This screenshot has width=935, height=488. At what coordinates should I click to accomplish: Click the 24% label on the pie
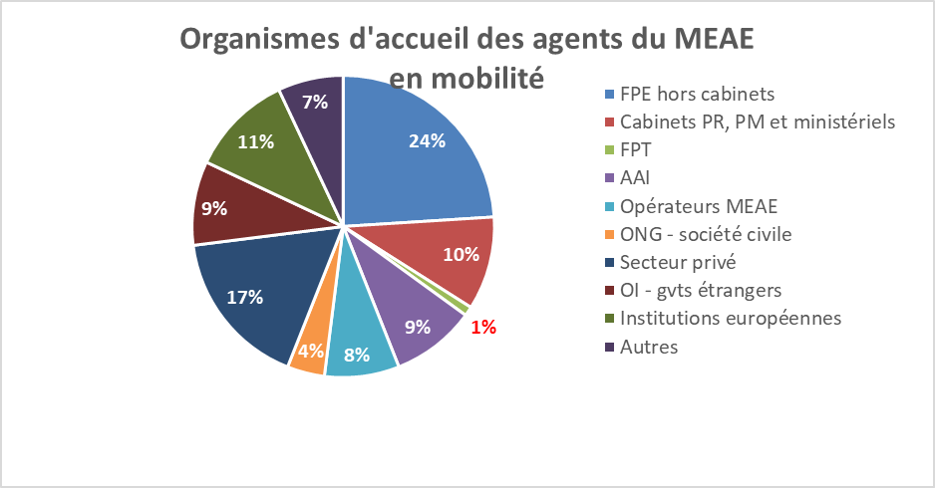pyautogui.click(x=427, y=140)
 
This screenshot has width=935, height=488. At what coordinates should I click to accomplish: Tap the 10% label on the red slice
pyautogui.click(x=460, y=254)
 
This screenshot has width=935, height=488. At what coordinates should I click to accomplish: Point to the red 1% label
pyautogui.click(x=483, y=327)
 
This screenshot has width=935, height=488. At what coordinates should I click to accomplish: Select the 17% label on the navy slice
pyautogui.click(x=243, y=296)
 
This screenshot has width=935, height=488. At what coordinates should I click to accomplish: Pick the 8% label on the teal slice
pyautogui.click(x=356, y=354)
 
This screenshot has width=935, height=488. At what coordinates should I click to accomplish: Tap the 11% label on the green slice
pyautogui.click(x=256, y=141)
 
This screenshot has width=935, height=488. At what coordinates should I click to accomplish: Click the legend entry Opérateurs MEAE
pyautogui.click(x=698, y=207)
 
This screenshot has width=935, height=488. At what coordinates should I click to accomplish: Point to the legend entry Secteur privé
pyautogui.click(x=678, y=263)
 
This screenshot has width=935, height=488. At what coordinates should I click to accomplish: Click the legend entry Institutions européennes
pyautogui.click(x=731, y=319)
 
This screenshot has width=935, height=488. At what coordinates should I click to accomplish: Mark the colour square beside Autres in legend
pyautogui.click(x=609, y=348)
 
